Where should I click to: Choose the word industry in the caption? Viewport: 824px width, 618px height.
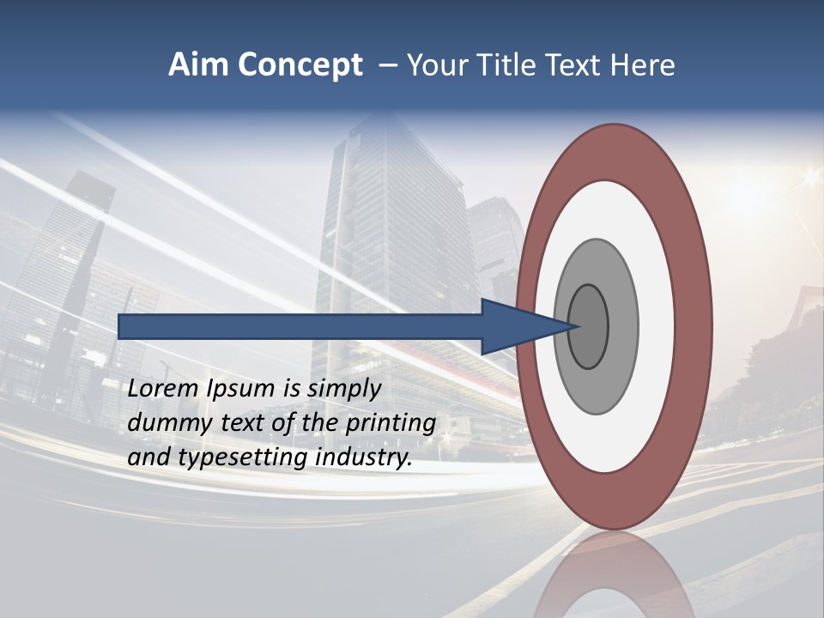(364, 457)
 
